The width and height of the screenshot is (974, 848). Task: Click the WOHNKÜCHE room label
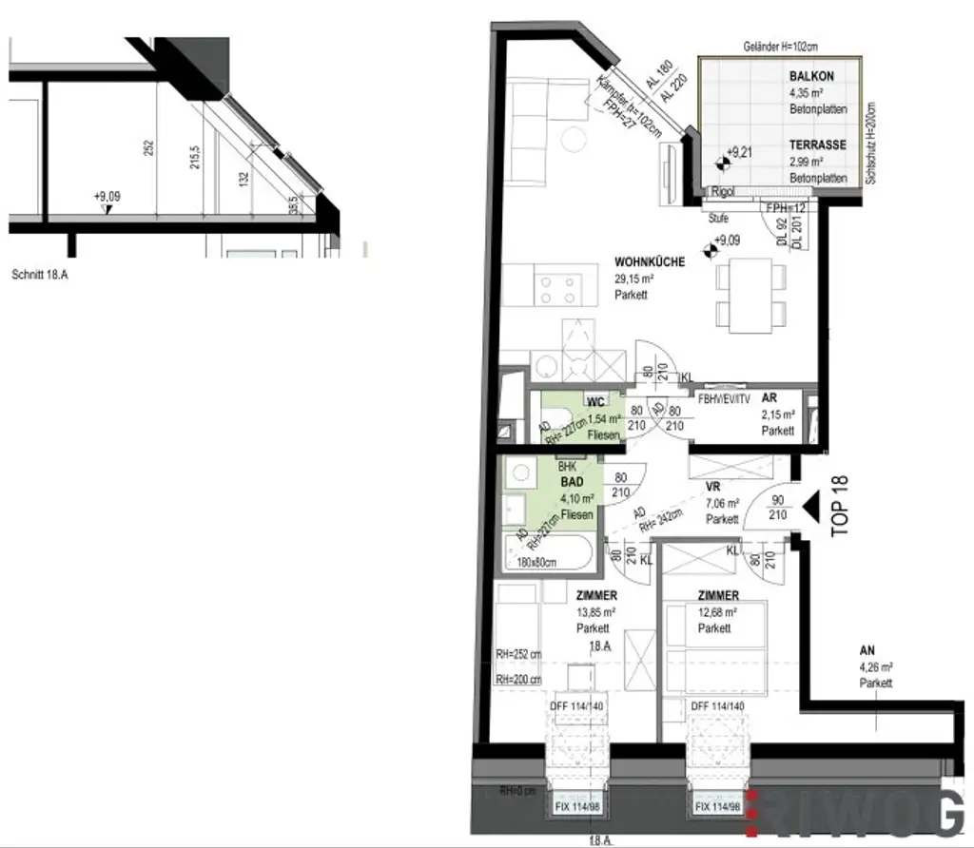(649, 261)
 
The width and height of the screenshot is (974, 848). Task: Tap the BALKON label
(811, 76)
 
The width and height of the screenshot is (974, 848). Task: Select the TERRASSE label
(817, 145)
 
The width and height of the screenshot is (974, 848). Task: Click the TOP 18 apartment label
(839, 507)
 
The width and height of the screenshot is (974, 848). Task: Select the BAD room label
(573, 482)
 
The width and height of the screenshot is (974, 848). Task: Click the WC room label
(596, 401)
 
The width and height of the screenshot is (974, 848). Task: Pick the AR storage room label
(769, 399)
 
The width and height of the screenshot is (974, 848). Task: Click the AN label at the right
(867, 651)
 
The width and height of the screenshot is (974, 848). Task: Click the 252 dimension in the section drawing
(148, 150)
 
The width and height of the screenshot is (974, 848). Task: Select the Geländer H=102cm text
(782, 46)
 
